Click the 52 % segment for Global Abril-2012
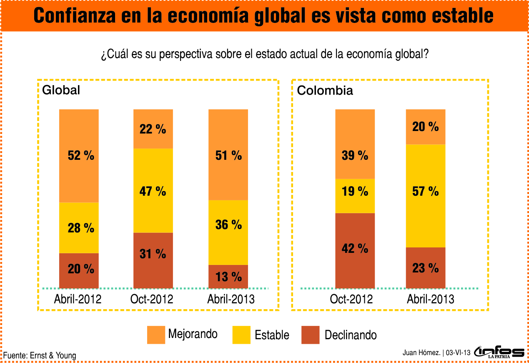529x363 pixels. pos(79,156)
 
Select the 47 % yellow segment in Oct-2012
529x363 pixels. pos(153,191)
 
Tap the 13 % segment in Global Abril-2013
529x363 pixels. pos(228,276)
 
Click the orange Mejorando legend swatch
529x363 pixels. pos(156,335)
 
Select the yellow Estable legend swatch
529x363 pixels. pos(241,335)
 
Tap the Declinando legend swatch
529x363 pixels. pos(310,335)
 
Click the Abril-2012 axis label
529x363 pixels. pos(78,299)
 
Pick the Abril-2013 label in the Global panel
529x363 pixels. pos(231,299)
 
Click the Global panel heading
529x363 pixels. pos(61,90)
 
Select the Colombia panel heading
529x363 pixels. pos(325,91)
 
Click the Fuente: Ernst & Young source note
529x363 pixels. pos(40,355)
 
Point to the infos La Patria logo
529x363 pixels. pos(499,353)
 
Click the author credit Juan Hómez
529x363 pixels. pos(421,353)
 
